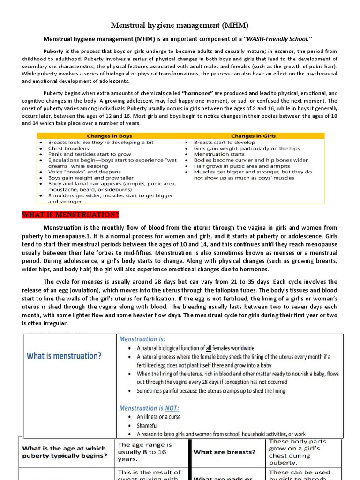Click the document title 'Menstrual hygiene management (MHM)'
pos(180,25)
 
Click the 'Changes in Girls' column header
pos(254,136)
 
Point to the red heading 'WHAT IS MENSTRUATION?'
pos(70,215)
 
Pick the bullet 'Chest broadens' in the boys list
pos(68,148)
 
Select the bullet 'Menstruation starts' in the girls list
pos(219,154)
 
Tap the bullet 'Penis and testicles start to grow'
pos(90,154)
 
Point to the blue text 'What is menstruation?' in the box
pos(64,355)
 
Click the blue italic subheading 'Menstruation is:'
pos(142,338)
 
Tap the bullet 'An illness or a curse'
pos(158,417)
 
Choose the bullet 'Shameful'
pos(147,426)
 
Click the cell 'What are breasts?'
pos(225,452)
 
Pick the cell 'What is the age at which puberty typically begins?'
pos(65,452)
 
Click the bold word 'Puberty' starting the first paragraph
pos(53,52)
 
